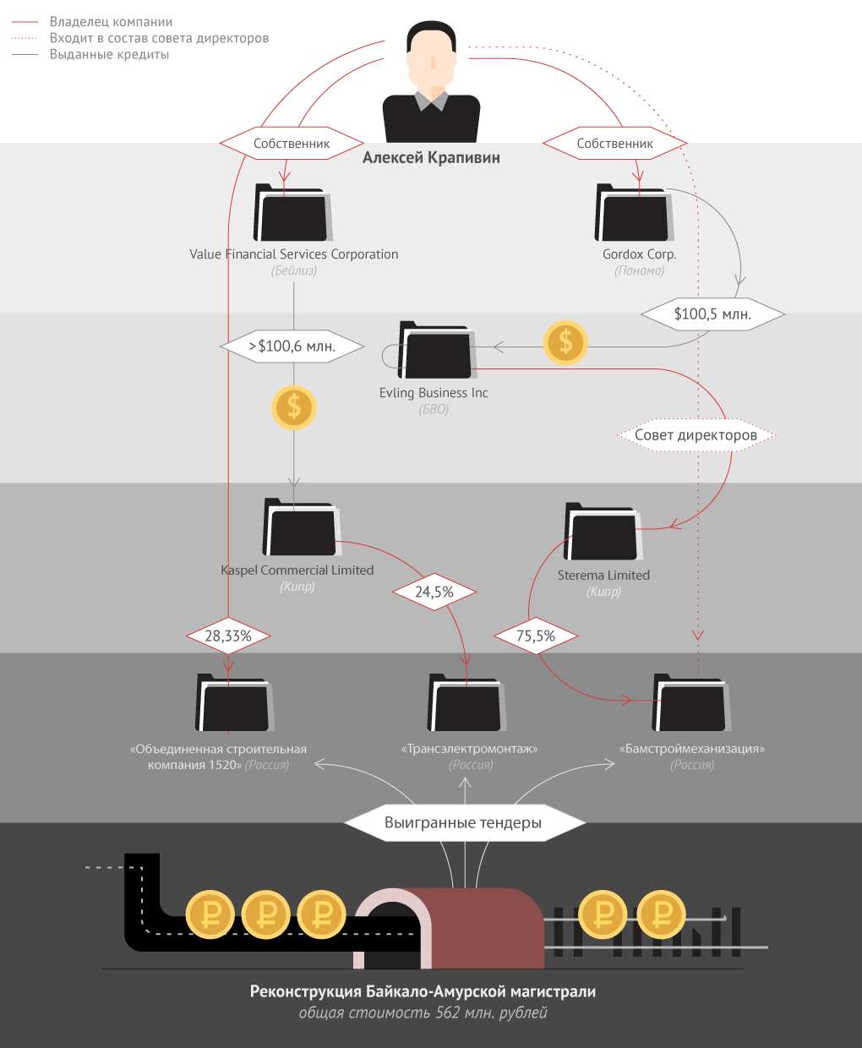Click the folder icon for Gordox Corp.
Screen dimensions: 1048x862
pyautogui.click(x=634, y=213)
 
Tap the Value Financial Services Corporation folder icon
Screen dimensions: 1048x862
pyautogui.click(x=292, y=213)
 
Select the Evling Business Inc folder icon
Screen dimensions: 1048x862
pyautogui.click(x=435, y=350)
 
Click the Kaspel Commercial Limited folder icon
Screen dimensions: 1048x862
pyautogui.click(x=300, y=528)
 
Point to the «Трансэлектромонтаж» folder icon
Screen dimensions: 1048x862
pyautogui.click(x=466, y=703)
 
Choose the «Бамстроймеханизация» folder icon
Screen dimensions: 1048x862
pyautogui.click(x=690, y=703)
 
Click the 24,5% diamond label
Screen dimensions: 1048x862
pyautogui.click(x=434, y=592)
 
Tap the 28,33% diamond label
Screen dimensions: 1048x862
pyautogui.click(x=228, y=636)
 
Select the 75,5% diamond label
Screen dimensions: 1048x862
pyautogui.click(x=536, y=636)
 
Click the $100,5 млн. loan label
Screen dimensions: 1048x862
pyautogui.click(x=712, y=314)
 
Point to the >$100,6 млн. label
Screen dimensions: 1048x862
pyautogui.click(x=292, y=347)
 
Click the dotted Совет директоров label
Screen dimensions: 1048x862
pyautogui.click(x=696, y=435)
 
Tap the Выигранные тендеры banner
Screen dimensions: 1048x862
pyautogui.click(x=463, y=822)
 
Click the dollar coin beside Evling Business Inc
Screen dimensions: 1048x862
pyautogui.click(x=565, y=343)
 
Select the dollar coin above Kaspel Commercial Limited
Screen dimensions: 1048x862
pyautogui.click(x=293, y=407)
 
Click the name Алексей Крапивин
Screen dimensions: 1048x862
pyautogui.click(x=431, y=158)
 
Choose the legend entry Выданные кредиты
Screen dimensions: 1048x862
pyautogui.click(x=109, y=55)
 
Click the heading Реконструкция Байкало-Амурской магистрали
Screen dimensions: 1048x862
pyautogui.click(x=423, y=991)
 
